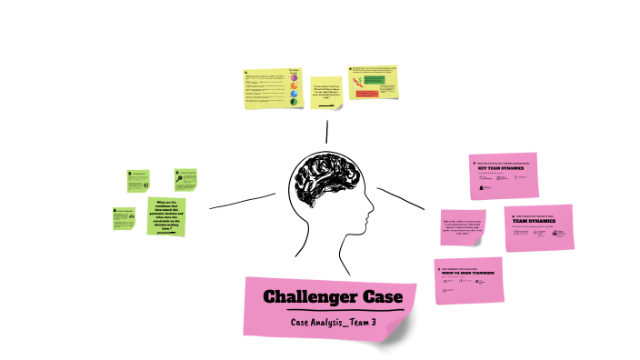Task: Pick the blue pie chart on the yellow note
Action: click(294, 94)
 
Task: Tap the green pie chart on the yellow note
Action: click(294, 104)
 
